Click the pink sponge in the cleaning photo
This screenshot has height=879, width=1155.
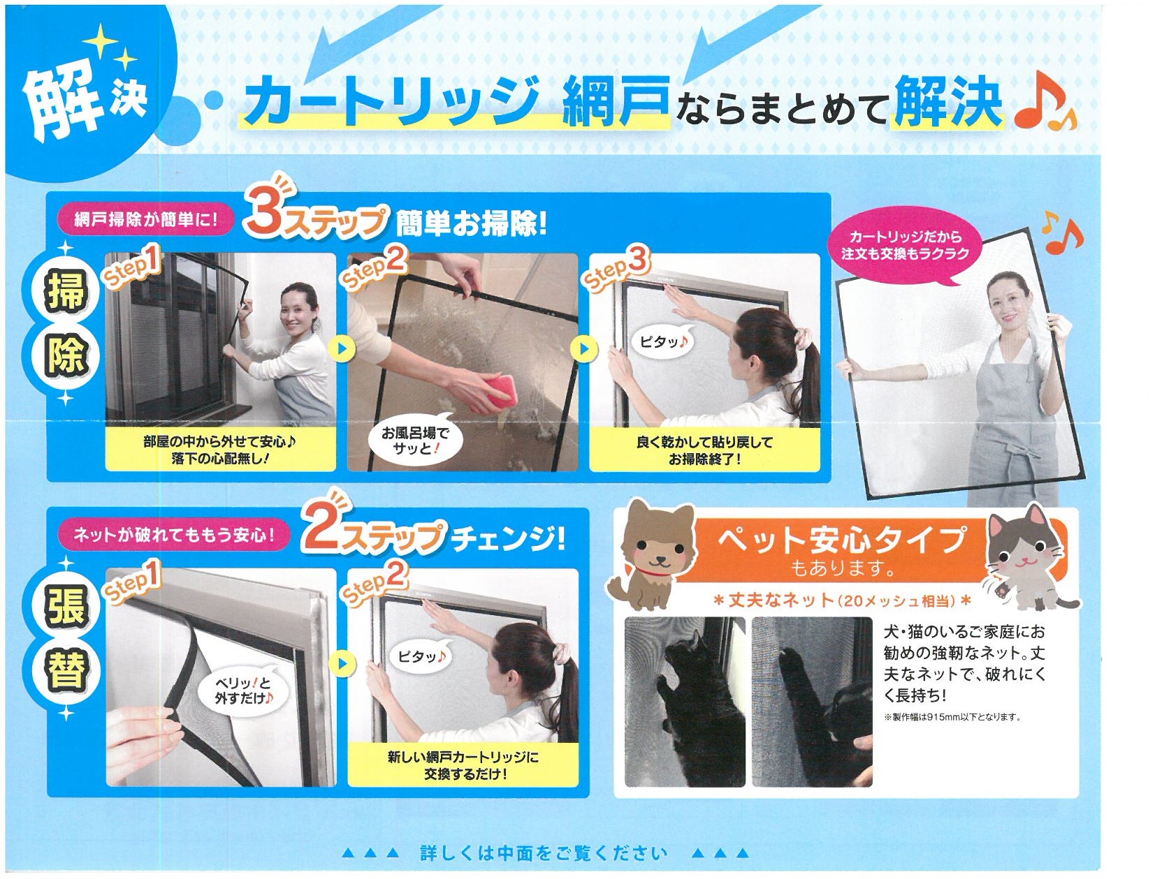[491, 393]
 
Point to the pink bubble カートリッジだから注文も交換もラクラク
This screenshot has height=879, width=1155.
[904, 246]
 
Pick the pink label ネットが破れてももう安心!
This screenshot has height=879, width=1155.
[173, 535]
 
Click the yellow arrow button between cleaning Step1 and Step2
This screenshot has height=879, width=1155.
[342, 348]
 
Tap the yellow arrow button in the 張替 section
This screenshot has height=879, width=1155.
[342, 663]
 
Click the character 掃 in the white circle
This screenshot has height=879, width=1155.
[66, 293]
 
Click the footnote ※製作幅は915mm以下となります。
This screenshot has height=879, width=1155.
[952, 717]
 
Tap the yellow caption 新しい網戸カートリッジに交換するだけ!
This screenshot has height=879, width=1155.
[463, 765]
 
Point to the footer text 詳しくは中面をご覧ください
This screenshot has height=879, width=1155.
[544, 852]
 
